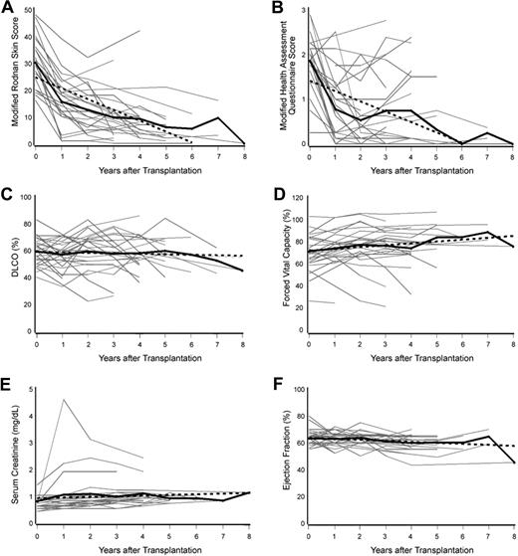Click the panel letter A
[9, 7]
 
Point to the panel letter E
[9, 379]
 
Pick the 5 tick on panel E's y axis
[29, 385]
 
